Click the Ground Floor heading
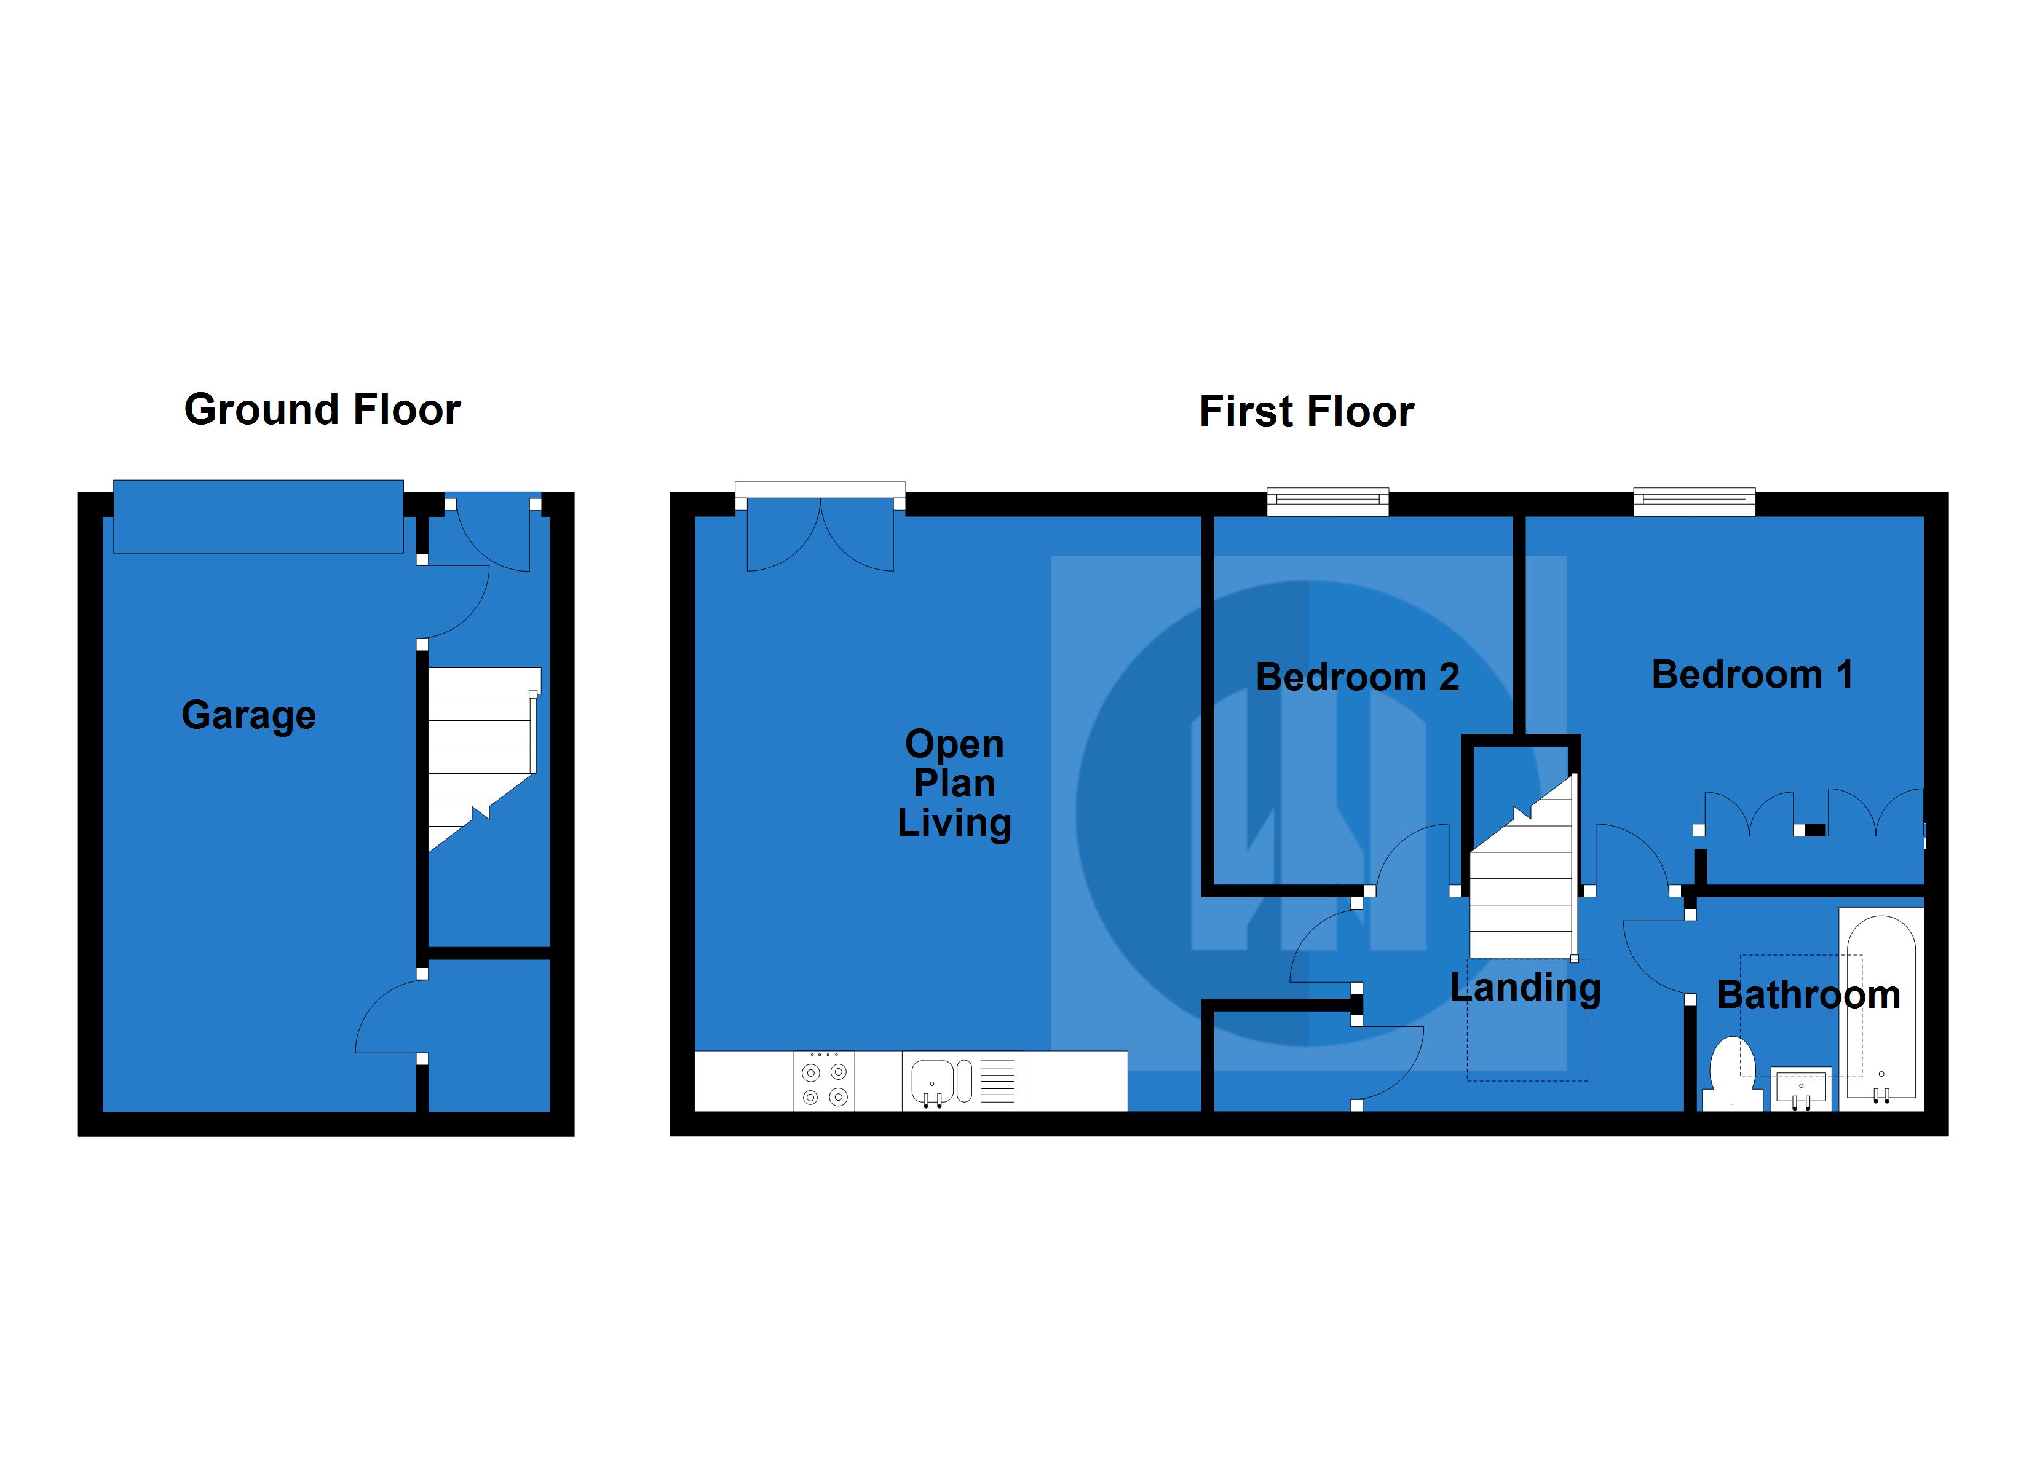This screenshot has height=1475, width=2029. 322,410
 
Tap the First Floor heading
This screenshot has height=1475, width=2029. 1305,411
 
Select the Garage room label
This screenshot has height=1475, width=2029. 248,715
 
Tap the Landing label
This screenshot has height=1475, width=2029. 1524,988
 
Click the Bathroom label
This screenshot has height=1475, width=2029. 1808,994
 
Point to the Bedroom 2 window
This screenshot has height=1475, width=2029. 1327,502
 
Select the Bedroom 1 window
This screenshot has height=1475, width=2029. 1693,502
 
